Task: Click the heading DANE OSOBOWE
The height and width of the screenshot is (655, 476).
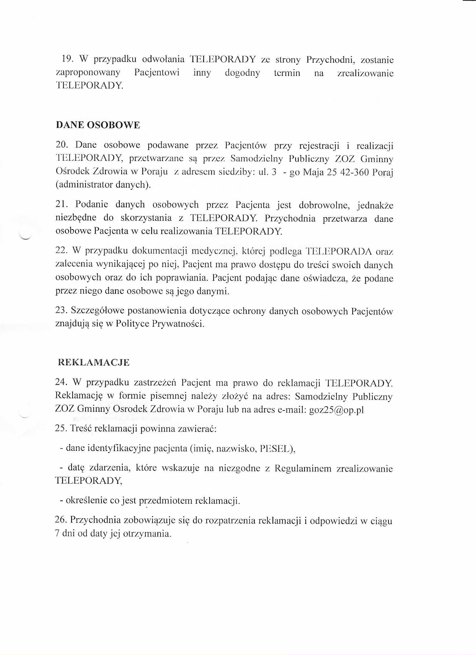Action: point(98,125)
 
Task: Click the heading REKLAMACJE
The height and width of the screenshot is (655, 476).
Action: point(94,363)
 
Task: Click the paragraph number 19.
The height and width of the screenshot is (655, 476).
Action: point(67,59)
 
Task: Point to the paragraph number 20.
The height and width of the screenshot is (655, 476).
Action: point(61,145)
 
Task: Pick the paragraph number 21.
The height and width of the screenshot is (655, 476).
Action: point(61,205)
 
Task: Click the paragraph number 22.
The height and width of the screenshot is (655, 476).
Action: point(61,250)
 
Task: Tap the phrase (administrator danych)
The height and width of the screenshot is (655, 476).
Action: point(103,185)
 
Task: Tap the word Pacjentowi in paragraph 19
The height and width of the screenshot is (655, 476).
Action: point(157,73)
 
